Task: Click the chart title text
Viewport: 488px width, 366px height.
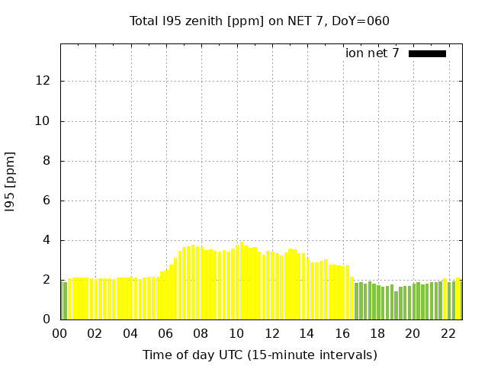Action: pos(259,21)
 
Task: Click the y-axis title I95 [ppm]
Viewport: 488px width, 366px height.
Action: pos(11,181)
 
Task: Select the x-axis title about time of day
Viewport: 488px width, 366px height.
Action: pos(259,355)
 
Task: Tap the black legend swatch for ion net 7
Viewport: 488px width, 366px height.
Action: pos(427,53)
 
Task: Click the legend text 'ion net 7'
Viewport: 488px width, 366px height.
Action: pos(372,53)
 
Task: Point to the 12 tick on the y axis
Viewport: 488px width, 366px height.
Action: pos(46,81)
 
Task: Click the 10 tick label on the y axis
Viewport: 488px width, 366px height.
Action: pos(46,120)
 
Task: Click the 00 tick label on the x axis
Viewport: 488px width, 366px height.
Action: pos(60,333)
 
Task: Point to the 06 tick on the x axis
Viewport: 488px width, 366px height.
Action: pos(165,333)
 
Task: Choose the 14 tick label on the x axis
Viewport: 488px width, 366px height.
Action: pos(307,333)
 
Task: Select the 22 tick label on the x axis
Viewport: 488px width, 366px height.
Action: pos(448,333)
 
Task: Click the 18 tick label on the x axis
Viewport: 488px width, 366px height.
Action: pos(377,333)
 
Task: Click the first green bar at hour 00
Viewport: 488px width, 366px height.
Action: pos(64,300)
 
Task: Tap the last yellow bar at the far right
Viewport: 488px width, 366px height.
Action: pos(458,299)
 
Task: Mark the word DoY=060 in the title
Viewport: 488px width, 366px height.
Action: pos(361,21)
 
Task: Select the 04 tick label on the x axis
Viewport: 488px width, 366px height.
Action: pos(130,333)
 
